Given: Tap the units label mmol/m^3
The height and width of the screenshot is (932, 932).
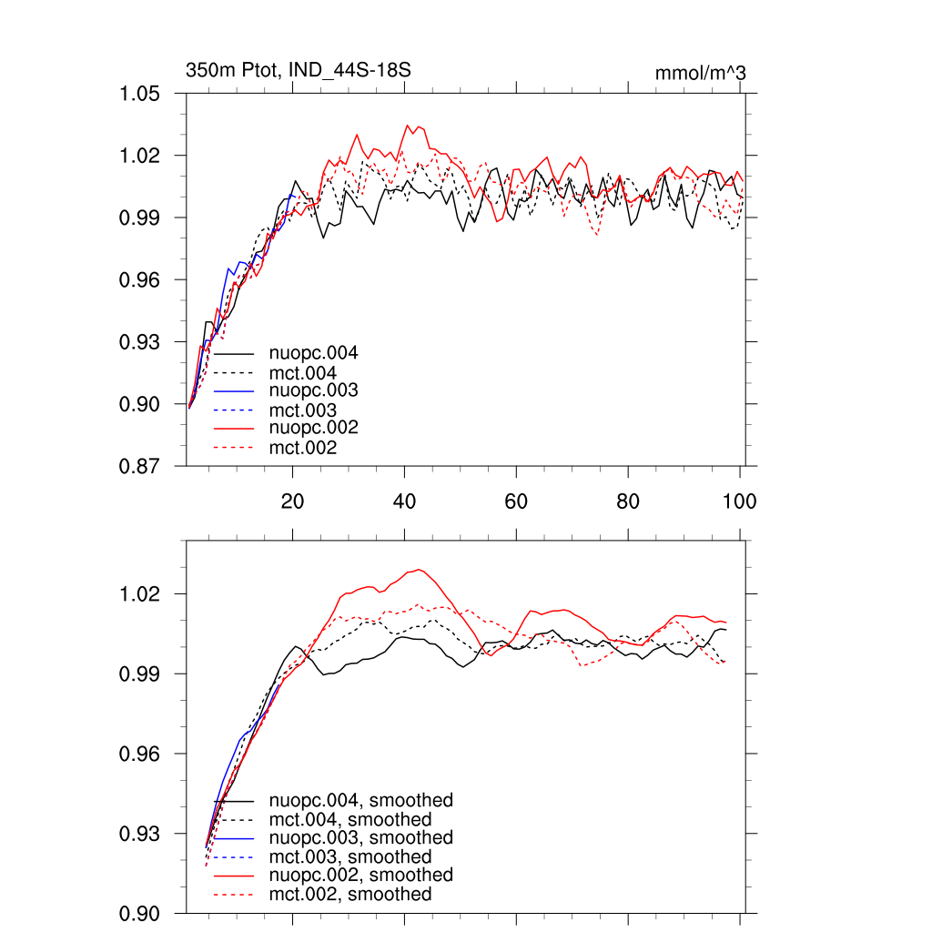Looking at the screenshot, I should coord(700,73).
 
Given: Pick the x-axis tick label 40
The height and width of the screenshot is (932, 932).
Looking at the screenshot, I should coord(404,501).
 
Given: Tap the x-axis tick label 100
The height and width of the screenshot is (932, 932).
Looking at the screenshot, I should coord(739,501).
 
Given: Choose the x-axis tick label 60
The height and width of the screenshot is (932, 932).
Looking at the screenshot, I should coord(516,501).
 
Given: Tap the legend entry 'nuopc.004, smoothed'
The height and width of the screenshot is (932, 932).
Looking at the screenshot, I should coord(360,801).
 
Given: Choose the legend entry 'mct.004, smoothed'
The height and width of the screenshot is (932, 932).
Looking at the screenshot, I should coord(350,819).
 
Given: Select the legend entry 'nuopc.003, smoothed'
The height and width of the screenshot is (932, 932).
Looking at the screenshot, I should coord(360,837).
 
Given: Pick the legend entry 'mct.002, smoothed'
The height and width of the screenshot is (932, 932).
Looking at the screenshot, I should coord(350,895).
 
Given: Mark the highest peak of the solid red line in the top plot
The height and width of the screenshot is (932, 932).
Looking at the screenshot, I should coord(408,126).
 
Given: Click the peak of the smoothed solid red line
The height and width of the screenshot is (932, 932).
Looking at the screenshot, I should coord(418,570).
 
